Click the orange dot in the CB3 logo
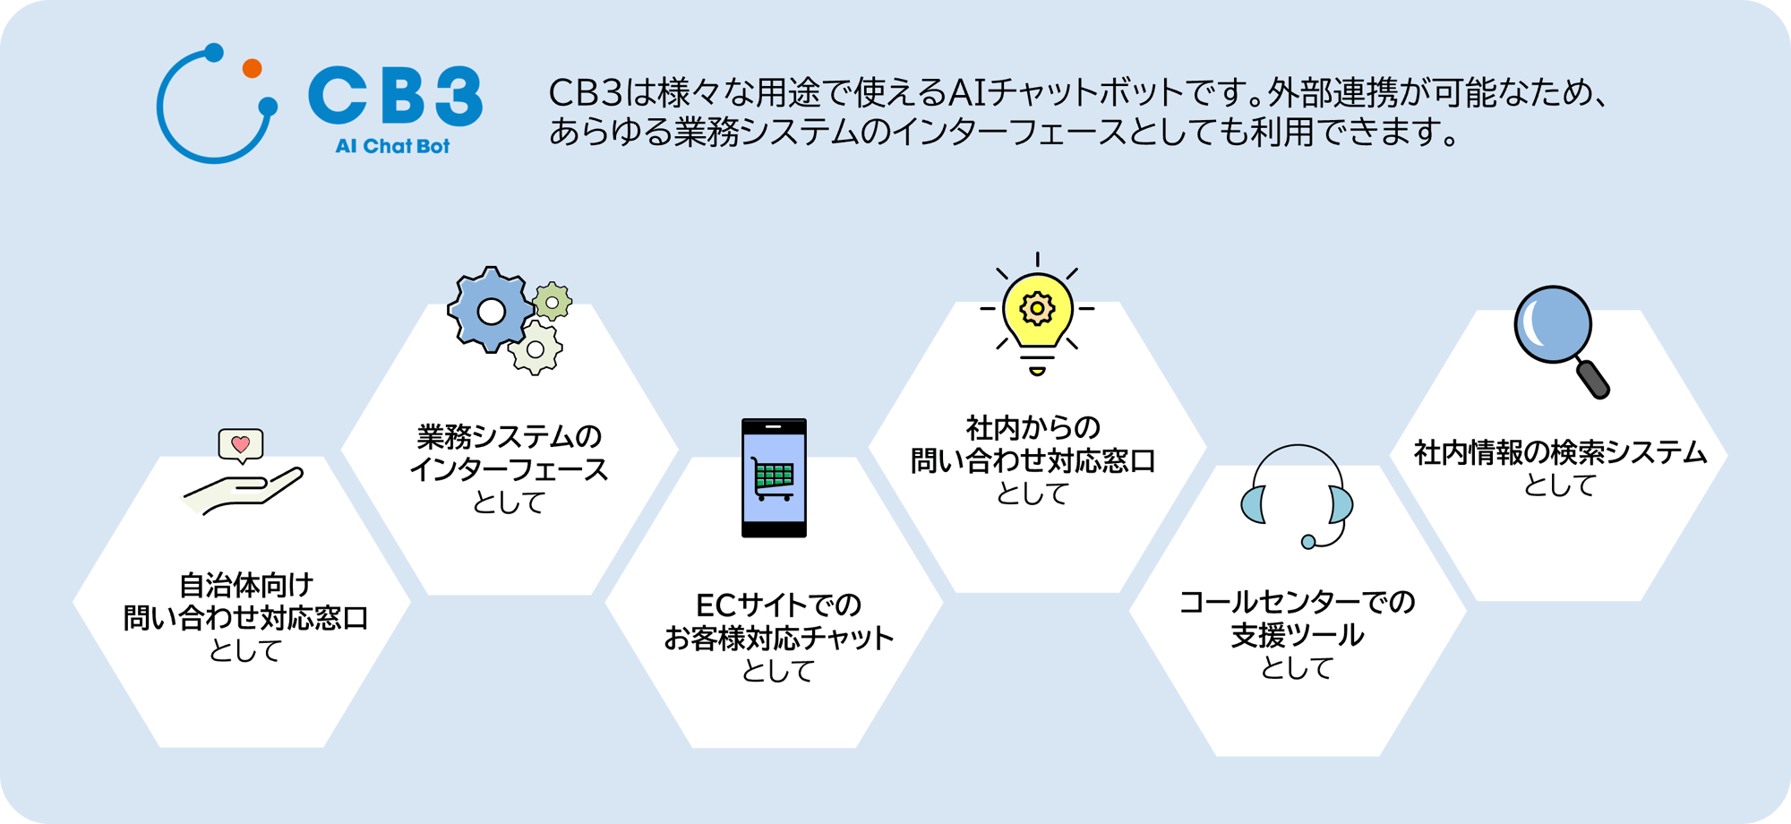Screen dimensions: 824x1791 click(253, 68)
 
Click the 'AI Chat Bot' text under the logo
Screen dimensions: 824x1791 click(392, 146)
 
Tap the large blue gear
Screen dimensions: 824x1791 click(490, 311)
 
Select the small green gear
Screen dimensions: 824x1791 click(553, 303)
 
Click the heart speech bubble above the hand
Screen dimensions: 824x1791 click(241, 444)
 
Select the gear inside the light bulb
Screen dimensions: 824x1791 click(1037, 308)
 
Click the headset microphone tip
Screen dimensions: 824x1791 click(1308, 541)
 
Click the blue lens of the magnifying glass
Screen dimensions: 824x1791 click(1553, 324)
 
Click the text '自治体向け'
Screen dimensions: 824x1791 click(246, 586)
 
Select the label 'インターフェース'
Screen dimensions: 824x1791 click(509, 469)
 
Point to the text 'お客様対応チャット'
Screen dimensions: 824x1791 click(778, 638)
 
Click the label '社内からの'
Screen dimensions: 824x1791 click(1033, 428)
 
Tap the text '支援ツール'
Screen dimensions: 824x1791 click(1297, 635)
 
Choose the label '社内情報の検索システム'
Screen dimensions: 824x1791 click(1560, 452)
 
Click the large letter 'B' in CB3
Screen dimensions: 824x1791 click(395, 95)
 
